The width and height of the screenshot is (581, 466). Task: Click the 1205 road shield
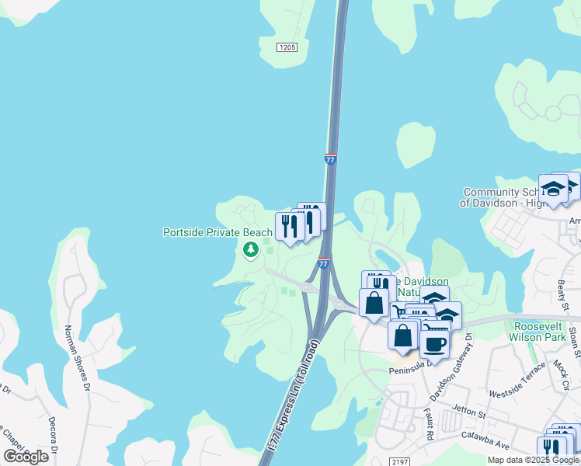pos(287,47)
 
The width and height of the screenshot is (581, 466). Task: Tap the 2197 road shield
pos(399,461)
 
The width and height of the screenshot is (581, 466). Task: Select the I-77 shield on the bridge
pos(331,158)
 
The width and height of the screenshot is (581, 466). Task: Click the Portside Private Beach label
pos(217,232)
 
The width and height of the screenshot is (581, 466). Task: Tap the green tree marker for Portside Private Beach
pos(250,250)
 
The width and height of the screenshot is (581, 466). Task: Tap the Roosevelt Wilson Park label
pos(538,331)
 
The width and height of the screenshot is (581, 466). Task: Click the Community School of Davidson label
pos(503,197)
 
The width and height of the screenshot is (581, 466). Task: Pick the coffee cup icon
pos(436,343)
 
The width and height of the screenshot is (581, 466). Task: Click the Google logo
pos(26,456)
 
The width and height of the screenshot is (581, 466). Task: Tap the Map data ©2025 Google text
pos(534,460)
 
